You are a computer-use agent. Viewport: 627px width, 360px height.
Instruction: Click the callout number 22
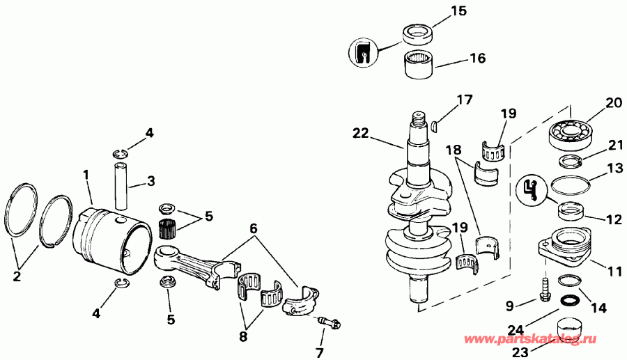point(361,132)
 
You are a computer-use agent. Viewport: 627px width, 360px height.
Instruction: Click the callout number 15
point(457,11)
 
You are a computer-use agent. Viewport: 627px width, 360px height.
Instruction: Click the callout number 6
point(254,229)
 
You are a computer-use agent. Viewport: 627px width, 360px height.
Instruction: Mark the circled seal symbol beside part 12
point(531,190)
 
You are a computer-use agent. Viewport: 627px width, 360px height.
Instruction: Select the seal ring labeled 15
point(419,33)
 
